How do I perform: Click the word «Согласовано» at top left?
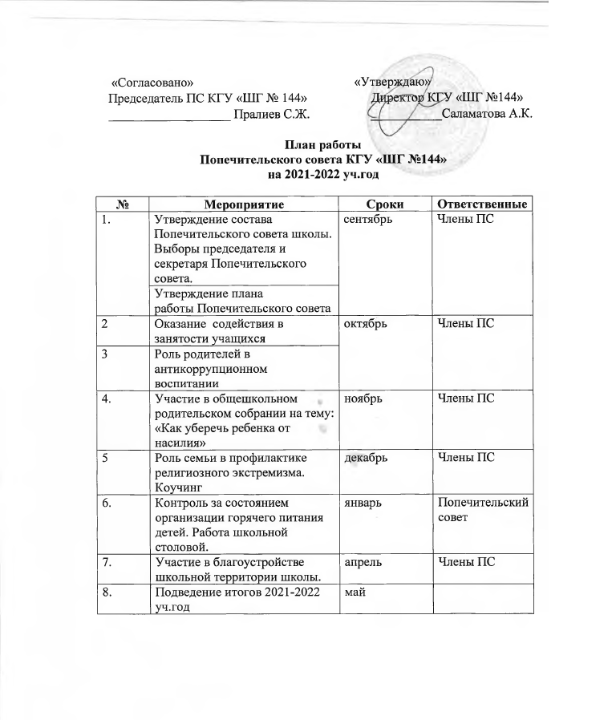[x=152, y=82]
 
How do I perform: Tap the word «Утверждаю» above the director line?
[x=393, y=82]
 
